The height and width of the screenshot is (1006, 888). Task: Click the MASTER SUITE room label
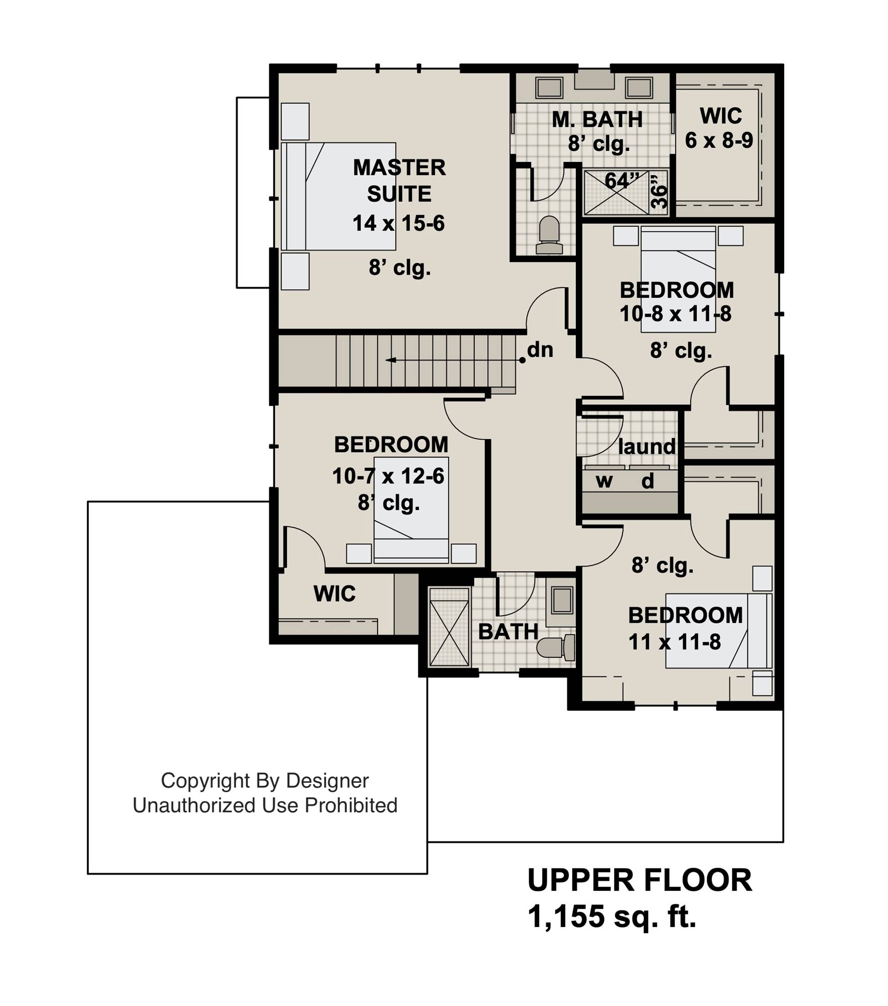[x=399, y=181]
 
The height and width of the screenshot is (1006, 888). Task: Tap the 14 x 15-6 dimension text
[x=399, y=223]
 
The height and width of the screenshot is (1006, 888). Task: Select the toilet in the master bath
[x=549, y=235]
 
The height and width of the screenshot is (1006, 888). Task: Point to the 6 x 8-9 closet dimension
[x=719, y=140]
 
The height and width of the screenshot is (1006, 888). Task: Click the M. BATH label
[x=598, y=119]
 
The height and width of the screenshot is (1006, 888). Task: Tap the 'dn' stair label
[x=540, y=350]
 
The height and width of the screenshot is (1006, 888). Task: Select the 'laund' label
[x=646, y=446]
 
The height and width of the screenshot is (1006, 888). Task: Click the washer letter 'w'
[x=604, y=481]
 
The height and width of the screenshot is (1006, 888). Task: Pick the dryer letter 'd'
[x=647, y=481]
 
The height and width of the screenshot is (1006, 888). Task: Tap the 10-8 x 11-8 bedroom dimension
[x=676, y=314]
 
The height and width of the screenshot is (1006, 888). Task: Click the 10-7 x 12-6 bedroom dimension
[x=388, y=476]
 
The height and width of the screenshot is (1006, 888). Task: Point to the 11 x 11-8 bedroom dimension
[x=675, y=642]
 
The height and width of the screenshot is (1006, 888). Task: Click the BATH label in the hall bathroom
[x=508, y=632]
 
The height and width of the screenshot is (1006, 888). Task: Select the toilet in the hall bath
[x=556, y=647]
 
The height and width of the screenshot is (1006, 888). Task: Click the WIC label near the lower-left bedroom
[x=335, y=594]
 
